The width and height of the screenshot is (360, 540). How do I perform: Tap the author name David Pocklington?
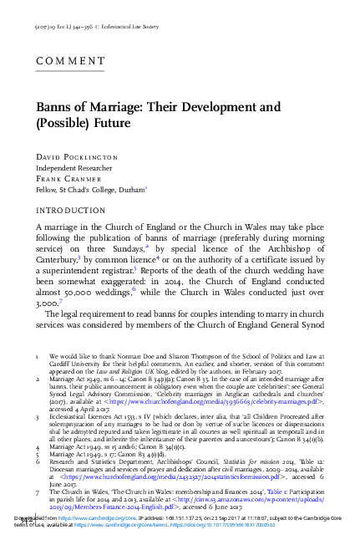(79, 156)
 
